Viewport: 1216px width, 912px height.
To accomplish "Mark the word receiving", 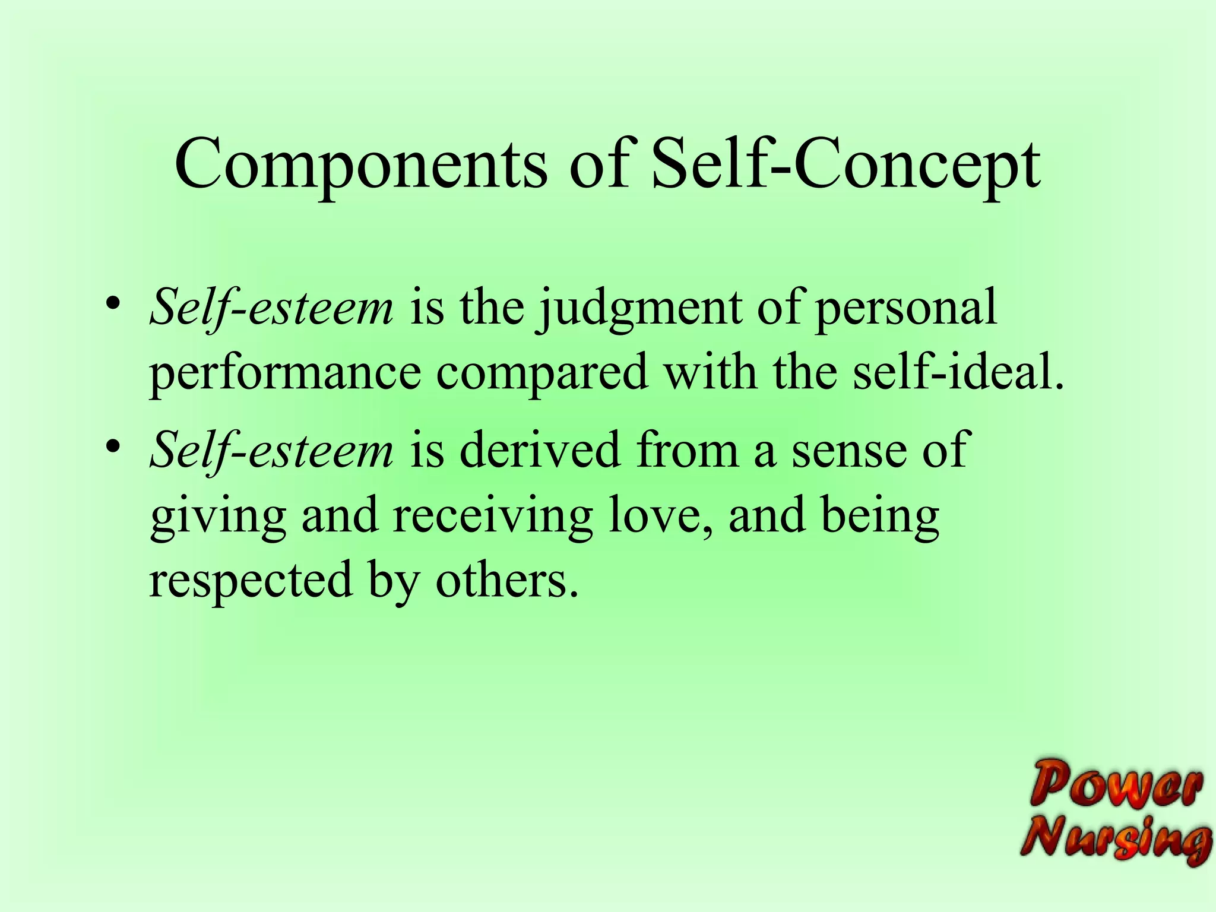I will [492, 515].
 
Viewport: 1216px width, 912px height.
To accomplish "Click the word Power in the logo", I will [1116, 783].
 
